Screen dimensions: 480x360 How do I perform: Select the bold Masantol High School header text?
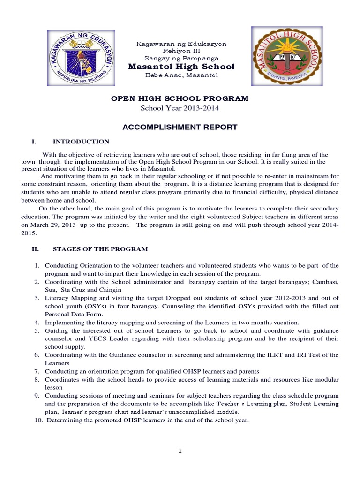click(181, 67)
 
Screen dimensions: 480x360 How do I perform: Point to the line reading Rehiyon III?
click(181, 51)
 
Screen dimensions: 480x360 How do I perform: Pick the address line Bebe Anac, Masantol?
click(181, 75)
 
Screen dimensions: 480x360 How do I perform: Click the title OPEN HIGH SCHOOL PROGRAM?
click(180, 99)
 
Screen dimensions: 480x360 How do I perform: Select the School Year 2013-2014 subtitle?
click(180, 108)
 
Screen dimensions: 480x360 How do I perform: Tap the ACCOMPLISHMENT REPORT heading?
click(180, 127)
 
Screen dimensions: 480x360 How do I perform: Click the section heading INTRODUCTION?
click(81, 142)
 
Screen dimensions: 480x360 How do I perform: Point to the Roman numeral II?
click(35, 249)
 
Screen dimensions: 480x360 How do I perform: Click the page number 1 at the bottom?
click(180, 451)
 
